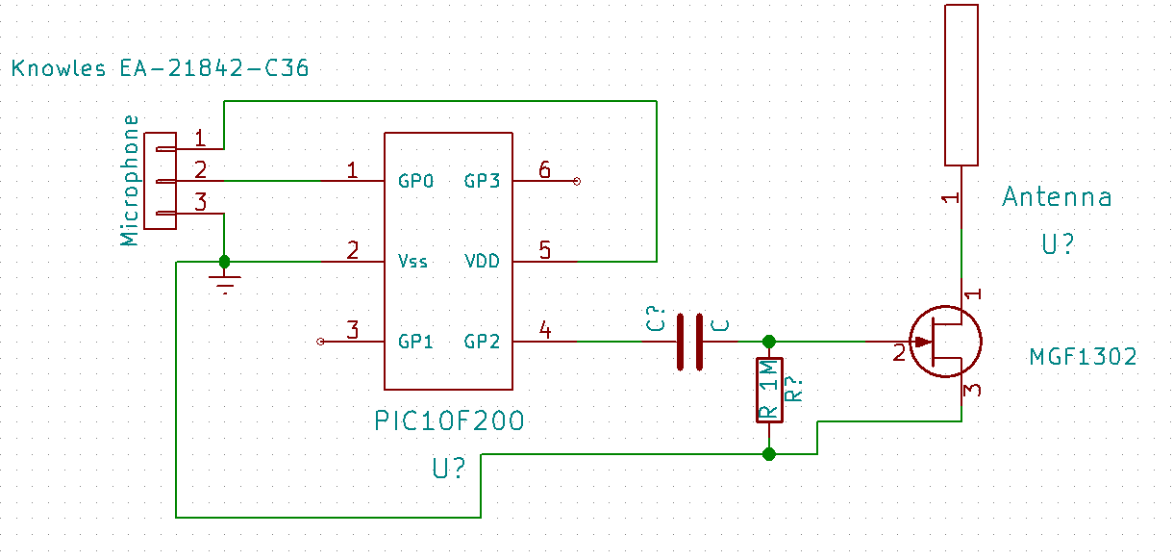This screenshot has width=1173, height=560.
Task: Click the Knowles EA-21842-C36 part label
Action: pyautogui.click(x=160, y=68)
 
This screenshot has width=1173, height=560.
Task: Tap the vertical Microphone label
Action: pyautogui.click(x=130, y=180)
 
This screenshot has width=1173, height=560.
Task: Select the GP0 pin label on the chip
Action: pyautogui.click(x=415, y=181)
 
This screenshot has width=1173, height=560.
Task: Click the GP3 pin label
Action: pyautogui.click(x=482, y=181)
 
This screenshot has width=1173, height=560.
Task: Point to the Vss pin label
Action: pyautogui.click(x=412, y=261)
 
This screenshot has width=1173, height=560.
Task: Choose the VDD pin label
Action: pyautogui.click(x=482, y=261)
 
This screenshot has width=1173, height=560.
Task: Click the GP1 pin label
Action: pyautogui.click(x=415, y=342)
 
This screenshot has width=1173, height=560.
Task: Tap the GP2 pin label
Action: pyautogui.click(x=482, y=342)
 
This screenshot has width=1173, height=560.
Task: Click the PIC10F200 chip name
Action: pyautogui.click(x=449, y=420)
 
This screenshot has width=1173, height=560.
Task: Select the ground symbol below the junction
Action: pyautogui.click(x=225, y=282)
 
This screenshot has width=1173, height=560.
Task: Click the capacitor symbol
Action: pyautogui.click(x=689, y=342)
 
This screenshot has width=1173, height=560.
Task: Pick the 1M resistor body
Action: pyautogui.click(x=769, y=390)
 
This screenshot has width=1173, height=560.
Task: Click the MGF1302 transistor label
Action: pyautogui.click(x=1083, y=357)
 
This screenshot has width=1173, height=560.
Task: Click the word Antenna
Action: pyautogui.click(x=1057, y=197)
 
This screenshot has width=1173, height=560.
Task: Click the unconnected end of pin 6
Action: pyautogui.click(x=577, y=181)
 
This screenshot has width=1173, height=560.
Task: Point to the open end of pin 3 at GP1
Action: pyautogui.click(x=320, y=342)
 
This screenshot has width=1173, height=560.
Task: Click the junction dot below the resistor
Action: pyautogui.click(x=769, y=454)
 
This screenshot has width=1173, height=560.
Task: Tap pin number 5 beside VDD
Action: pyautogui.click(x=545, y=250)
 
